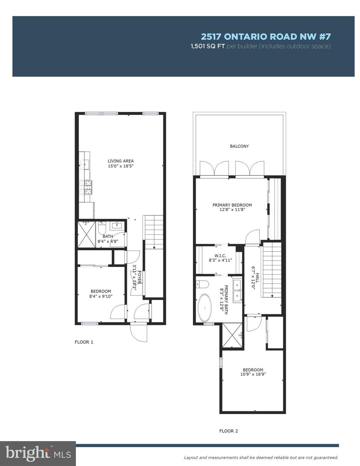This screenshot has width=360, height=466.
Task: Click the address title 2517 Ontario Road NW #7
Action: point(266,37)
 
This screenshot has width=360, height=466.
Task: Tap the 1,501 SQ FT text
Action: point(208,46)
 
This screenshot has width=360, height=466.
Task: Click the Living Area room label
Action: point(121,161)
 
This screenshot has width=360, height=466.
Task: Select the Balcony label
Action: point(239,146)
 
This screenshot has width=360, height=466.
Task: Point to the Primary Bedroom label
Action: point(232,205)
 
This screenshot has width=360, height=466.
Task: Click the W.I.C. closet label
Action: point(220,256)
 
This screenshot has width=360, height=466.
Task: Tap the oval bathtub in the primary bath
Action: point(205,308)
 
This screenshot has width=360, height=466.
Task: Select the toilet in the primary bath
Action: point(202,285)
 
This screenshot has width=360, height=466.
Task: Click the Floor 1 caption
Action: point(84,342)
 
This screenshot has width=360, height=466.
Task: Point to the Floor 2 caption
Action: point(229,431)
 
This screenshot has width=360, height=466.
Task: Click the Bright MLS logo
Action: point(38,453)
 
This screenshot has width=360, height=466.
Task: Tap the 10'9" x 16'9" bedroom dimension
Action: point(253,374)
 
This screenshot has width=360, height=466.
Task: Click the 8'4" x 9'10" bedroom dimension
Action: point(101,296)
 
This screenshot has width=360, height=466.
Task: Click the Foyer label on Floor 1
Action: point(139,277)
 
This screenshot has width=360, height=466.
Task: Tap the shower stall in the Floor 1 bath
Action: point(87,235)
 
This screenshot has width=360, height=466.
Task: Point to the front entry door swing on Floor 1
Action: point(139,333)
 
